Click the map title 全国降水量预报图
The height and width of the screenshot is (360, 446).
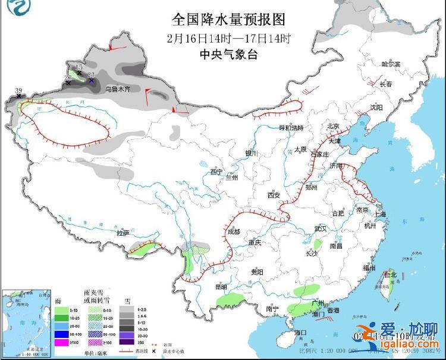pos(228,20)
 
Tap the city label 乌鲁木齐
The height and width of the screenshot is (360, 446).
pos(117,89)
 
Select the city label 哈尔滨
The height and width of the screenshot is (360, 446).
pos(391,64)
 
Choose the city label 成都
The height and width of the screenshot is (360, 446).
pos(234,231)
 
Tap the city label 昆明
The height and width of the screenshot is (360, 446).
pos(221,287)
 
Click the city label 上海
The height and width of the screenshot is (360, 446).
pos(380,214)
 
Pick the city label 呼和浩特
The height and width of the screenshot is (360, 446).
pos(291,128)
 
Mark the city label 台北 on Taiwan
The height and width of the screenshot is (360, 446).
pos(390,275)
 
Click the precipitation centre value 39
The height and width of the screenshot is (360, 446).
pos(18,91)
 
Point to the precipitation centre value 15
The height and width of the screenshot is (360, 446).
pos(78,67)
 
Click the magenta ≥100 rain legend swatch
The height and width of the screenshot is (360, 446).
pos(61,342)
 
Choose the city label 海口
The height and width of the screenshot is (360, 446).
pos(301,332)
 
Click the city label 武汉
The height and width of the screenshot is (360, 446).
pos(321,228)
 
